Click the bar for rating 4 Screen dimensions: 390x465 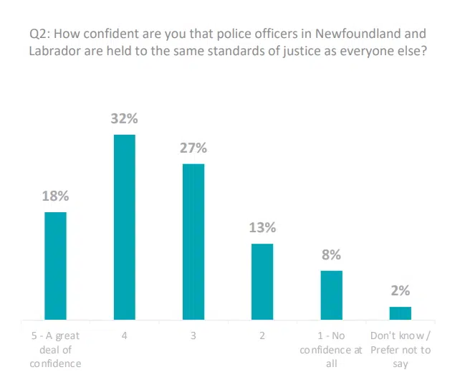[125, 227]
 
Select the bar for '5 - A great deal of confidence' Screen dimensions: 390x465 [56, 265]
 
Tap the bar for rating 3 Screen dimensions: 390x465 [193, 242]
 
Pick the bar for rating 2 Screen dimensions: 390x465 [262, 281]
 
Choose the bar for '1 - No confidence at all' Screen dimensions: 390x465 [331, 295]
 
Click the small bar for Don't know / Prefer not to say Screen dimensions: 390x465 [400, 313]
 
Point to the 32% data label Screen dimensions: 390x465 [124, 120]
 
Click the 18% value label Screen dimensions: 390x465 [55, 196]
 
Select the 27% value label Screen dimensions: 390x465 [193, 148]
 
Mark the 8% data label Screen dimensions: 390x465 [331, 255]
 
